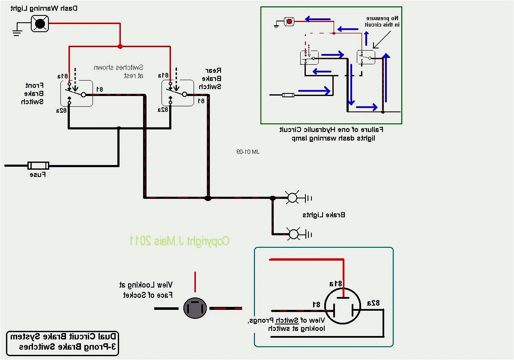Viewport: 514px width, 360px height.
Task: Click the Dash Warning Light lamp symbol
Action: [x=40, y=24]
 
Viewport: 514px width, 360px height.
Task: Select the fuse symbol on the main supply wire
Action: [x=38, y=165]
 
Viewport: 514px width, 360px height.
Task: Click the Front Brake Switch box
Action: [x=76, y=93]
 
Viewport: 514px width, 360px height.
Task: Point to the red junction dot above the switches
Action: [x=120, y=46]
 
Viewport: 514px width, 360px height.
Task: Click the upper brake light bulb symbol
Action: [x=292, y=198]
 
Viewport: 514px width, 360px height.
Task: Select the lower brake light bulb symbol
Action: [x=294, y=234]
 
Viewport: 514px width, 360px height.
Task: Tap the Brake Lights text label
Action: [x=323, y=215]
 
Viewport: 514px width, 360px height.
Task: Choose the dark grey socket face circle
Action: [x=195, y=308]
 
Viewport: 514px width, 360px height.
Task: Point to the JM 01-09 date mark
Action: [x=248, y=152]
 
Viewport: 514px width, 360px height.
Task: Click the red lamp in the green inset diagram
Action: [x=290, y=21]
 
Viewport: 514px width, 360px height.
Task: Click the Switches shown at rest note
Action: [x=119, y=71]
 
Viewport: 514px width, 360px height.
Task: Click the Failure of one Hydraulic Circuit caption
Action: [x=332, y=134]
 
